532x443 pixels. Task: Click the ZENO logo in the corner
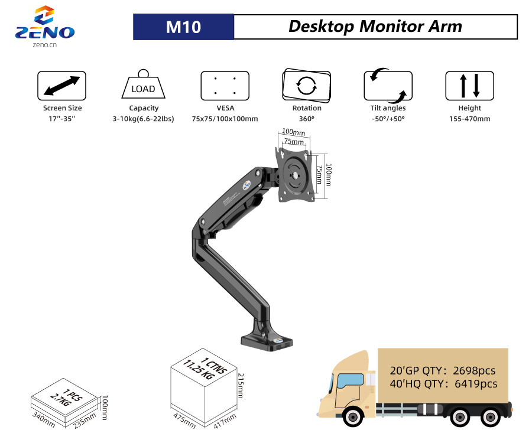[45, 26]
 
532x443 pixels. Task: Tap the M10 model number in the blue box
[183, 27]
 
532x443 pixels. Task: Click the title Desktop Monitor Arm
[375, 27]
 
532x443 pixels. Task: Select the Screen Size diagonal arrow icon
[61, 86]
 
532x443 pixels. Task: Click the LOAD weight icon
[143, 84]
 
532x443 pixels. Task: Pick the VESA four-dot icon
[225, 86]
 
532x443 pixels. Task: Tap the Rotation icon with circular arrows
[306, 85]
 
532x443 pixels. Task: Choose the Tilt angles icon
[388, 86]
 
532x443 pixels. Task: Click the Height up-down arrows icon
[469, 86]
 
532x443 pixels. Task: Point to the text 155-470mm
[469, 119]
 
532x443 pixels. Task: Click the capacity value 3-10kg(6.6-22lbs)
[143, 119]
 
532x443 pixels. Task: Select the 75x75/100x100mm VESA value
[225, 119]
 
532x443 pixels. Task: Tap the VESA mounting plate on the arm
[294, 175]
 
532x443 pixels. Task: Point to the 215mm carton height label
[241, 386]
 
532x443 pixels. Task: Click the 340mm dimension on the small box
[43, 419]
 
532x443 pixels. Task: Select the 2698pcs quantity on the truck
[474, 370]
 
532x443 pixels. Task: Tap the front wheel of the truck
[353, 416]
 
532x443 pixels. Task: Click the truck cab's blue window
[350, 380]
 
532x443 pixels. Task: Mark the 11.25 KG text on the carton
[199, 370]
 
